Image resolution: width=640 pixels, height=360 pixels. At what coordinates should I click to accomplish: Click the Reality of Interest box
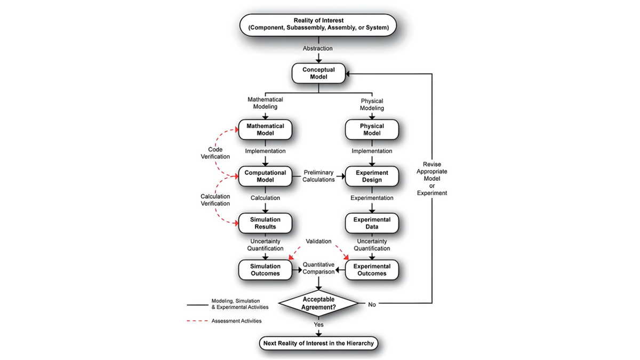point(318,24)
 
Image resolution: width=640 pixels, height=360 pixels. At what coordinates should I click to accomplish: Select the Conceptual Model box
point(318,73)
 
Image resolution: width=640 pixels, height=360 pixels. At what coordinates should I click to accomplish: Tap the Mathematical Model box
point(266,130)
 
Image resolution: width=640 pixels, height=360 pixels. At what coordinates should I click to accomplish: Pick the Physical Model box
point(372,130)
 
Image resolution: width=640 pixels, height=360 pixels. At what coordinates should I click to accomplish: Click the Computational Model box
point(266,177)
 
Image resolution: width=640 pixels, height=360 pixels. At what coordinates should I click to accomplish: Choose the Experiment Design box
point(372,177)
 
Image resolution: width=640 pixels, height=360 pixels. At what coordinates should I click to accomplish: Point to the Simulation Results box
point(266,223)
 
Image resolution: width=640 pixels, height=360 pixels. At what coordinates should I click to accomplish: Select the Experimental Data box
point(372,223)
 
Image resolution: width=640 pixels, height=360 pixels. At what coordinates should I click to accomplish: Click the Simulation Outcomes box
point(266,270)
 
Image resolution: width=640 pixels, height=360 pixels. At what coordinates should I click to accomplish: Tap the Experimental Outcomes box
point(372,270)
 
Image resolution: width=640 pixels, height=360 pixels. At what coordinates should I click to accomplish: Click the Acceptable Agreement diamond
point(318,303)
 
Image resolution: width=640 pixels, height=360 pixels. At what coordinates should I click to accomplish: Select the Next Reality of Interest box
point(318,343)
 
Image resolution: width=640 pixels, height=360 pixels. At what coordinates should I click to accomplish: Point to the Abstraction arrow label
point(318,49)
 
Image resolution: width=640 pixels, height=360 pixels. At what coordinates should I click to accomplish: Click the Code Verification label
point(215,153)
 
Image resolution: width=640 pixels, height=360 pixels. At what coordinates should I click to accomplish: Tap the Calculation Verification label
point(215,200)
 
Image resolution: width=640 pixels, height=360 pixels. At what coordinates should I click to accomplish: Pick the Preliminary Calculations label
point(318,176)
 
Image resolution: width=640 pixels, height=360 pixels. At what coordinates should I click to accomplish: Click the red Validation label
point(318,242)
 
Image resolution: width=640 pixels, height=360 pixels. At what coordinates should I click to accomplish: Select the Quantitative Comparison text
point(318,268)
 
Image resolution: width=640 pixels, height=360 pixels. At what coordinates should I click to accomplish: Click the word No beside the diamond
point(372,304)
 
